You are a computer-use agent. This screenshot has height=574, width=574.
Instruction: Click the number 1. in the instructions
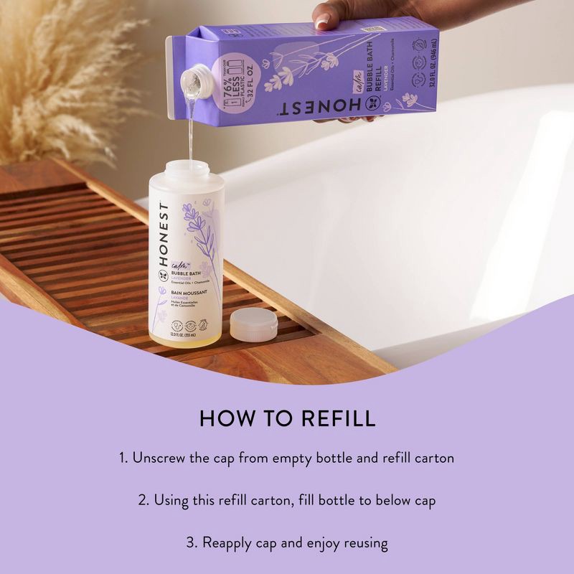coord(124,458)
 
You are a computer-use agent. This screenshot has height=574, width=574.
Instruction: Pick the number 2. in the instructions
coord(143,500)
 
